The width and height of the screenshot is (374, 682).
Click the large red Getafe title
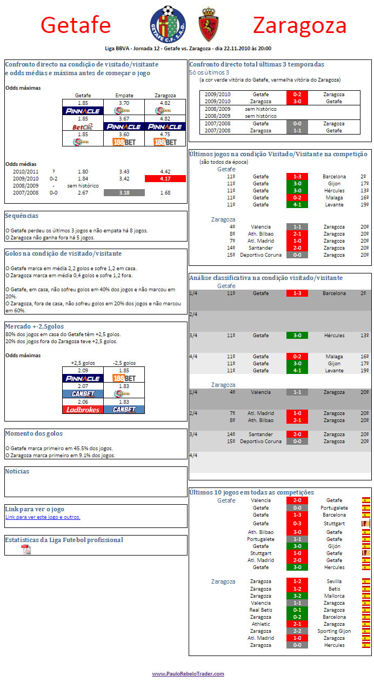[76, 25]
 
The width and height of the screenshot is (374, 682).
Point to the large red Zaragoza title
[299, 25]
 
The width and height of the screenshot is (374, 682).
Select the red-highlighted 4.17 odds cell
[165, 178]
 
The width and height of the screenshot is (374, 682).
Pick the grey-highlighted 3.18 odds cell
[124, 192]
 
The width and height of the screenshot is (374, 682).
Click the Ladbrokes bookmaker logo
[83, 410]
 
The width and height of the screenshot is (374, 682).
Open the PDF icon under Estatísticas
[26, 550]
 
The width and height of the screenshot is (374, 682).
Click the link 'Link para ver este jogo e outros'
[43, 517]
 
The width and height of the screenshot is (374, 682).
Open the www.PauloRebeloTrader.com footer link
[188, 673]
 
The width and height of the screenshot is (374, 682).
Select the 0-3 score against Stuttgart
[297, 523]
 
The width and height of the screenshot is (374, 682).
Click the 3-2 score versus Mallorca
[297, 596]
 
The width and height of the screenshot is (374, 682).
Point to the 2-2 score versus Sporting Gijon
[297, 631]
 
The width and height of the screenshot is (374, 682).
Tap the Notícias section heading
[17, 471]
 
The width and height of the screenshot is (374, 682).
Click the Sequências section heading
[21, 215]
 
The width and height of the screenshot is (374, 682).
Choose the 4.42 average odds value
[165, 171]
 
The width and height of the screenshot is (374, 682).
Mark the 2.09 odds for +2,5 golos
[83, 370]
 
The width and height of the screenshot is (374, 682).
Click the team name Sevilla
[334, 581]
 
